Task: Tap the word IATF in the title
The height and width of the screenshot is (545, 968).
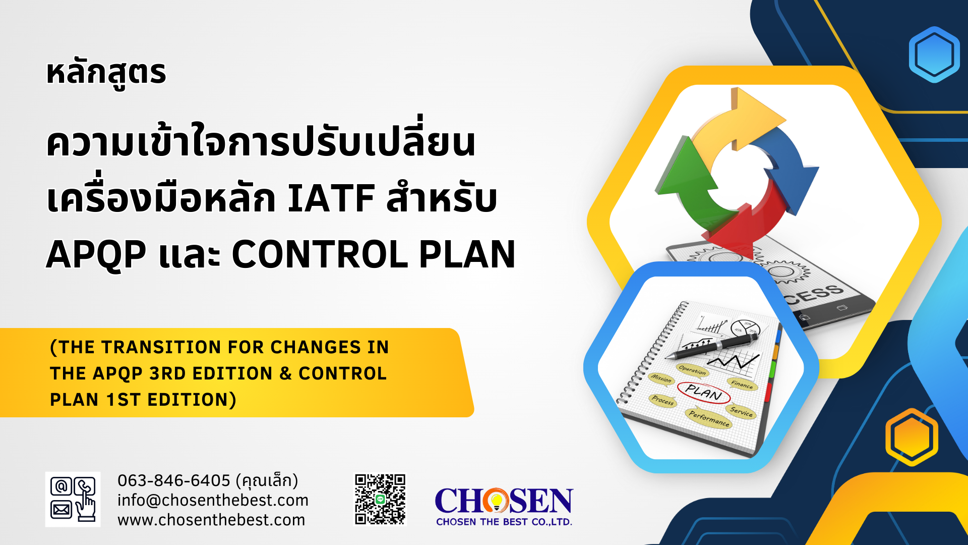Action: click(x=331, y=198)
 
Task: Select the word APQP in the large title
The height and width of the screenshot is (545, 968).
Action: click(x=96, y=255)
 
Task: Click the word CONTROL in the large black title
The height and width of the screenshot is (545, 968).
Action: click(x=320, y=254)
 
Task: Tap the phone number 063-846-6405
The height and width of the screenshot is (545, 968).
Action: click(x=174, y=480)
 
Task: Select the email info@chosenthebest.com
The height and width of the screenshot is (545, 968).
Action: click(x=213, y=500)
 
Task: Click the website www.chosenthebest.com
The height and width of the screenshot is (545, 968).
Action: click(x=211, y=520)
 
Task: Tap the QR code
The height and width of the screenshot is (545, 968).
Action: click(x=380, y=499)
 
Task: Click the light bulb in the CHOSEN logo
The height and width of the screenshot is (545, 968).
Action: click(x=496, y=501)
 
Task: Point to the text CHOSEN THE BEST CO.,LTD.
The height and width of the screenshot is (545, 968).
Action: click(x=504, y=522)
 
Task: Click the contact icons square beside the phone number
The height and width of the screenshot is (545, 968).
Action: click(x=73, y=499)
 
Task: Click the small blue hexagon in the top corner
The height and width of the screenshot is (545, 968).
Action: click(x=934, y=54)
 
